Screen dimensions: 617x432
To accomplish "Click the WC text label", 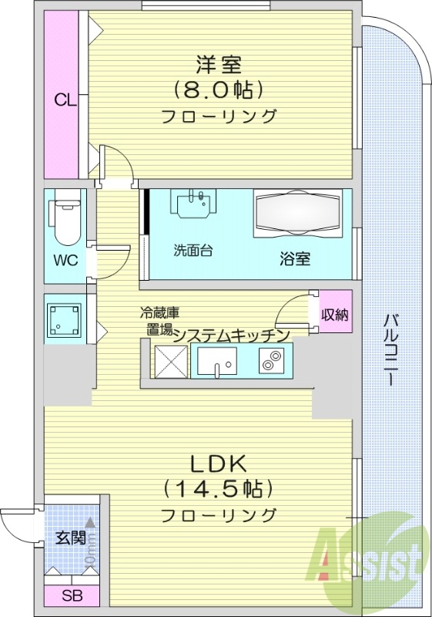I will pyautogui.click(x=65, y=259).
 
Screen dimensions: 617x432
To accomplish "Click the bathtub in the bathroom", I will pyautogui.click(x=296, y=213).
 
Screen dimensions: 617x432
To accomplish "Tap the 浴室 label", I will pyautogui.click(x=295, y=259).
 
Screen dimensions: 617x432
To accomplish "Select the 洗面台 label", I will pyautogui.click(x=193, y=251).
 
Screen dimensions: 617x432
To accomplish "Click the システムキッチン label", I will pyautogui.click(x=230, y=335).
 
